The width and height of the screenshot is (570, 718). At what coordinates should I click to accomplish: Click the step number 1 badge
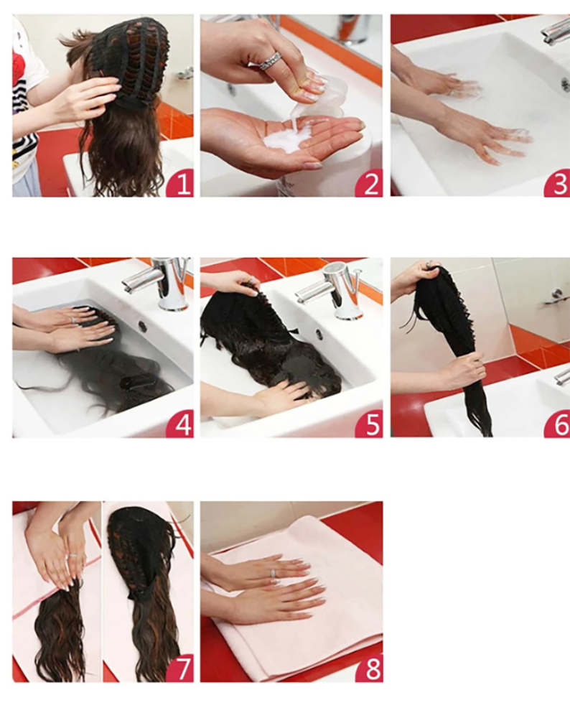(181, 184)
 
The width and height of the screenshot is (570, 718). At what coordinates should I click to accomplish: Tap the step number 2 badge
(370, 184)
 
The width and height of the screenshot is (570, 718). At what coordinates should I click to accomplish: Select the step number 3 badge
(558, 184)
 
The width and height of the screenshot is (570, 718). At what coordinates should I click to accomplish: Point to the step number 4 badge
(181, 424)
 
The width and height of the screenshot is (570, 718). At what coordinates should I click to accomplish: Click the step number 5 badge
(370, 424)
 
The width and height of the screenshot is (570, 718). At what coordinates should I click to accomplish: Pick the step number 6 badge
(558, 424)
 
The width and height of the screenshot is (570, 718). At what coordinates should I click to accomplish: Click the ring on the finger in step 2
(270, 61)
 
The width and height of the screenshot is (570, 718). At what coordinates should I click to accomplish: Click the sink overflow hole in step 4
(143, 326)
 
